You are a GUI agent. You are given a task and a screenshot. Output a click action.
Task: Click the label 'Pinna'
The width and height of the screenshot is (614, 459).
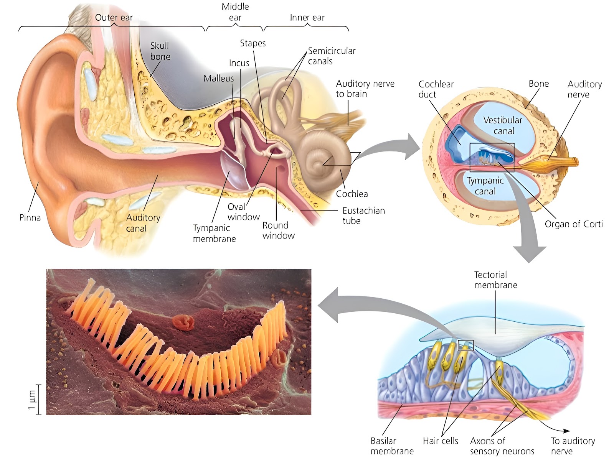tap(30, 217)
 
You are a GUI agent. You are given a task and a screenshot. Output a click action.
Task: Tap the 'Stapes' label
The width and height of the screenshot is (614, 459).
tap(253, 43)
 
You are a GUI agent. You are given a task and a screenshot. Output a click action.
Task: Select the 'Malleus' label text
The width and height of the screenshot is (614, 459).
tap(218, 78)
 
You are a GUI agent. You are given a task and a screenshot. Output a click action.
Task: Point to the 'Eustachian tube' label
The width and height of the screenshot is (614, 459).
tap(364, 216)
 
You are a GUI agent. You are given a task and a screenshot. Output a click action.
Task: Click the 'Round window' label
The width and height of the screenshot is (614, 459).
tap(278, 230)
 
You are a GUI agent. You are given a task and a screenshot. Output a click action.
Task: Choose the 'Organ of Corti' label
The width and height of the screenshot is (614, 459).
tap(573, 224)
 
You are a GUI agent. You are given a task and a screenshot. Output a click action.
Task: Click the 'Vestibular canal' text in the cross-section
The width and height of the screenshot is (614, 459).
tap(503, 125)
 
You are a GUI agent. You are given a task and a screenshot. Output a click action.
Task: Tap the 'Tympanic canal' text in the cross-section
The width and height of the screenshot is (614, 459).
tap(485, 186)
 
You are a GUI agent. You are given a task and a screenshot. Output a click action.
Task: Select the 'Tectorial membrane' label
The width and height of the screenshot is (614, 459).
tap(496, 280)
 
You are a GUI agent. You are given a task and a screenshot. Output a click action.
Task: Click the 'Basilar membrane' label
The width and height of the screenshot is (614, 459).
tap(392, 446)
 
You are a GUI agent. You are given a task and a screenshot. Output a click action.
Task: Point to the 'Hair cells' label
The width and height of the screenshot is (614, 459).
tap(441, 441)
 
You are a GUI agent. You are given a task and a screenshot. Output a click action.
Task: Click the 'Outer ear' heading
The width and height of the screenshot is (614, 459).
tap(114, 18)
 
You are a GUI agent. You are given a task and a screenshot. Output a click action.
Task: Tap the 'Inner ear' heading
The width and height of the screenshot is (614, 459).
tap(307, 18)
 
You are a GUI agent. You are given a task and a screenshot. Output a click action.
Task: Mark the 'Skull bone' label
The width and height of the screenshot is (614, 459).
tap(160, 51)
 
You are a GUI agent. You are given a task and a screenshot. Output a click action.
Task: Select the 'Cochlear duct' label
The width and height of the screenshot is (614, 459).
tap(436, 89)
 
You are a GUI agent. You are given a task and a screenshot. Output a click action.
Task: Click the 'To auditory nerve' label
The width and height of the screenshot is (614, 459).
tap(573, 446)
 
